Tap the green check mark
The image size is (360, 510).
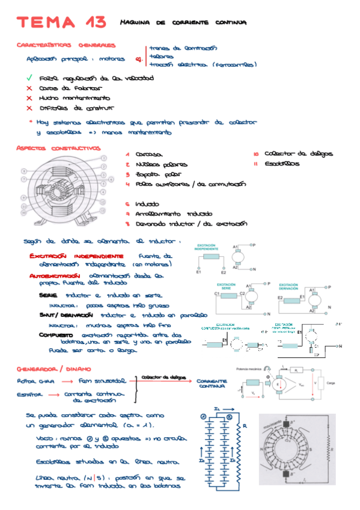(29, 78)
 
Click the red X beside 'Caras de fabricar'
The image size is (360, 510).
(29, 88)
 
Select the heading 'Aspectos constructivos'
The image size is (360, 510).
(58, 148)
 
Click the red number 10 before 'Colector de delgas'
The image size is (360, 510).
(255, 154)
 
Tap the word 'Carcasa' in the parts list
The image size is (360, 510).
(149, 155)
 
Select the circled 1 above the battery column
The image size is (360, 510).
(204, 416)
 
